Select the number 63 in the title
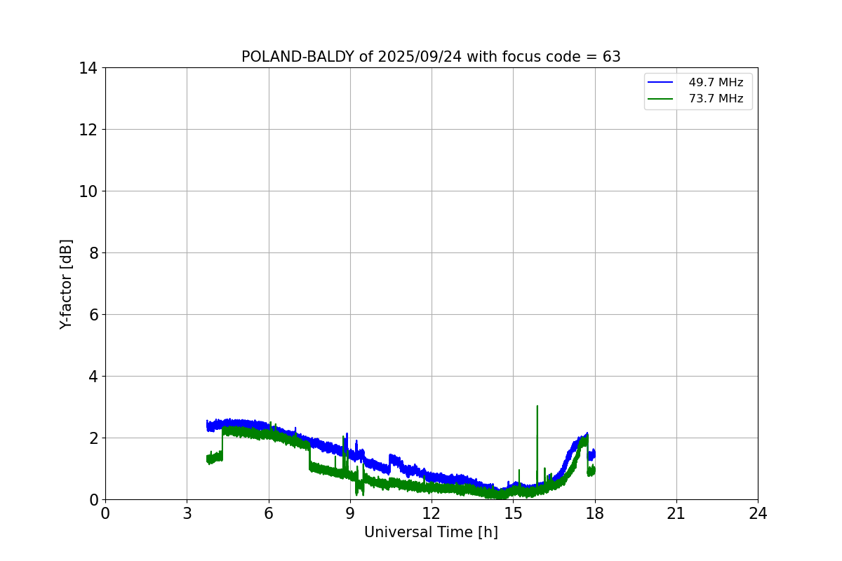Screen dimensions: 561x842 612,57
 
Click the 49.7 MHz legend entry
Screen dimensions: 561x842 715,83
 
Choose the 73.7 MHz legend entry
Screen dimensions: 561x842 715,99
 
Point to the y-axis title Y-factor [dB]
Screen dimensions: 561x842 66,284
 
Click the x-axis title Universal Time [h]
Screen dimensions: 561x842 431,532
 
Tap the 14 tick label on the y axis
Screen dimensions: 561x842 88,68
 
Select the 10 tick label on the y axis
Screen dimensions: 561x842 88,191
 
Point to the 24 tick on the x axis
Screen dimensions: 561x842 758,513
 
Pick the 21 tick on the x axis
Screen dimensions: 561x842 676,513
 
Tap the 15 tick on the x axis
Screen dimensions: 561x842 513,513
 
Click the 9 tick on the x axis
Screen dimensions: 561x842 350,513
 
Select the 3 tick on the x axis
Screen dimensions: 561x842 187,513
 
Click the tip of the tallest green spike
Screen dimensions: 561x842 537,406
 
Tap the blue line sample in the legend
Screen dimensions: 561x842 660,83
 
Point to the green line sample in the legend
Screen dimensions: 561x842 660,99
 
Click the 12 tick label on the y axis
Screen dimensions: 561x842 88,130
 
